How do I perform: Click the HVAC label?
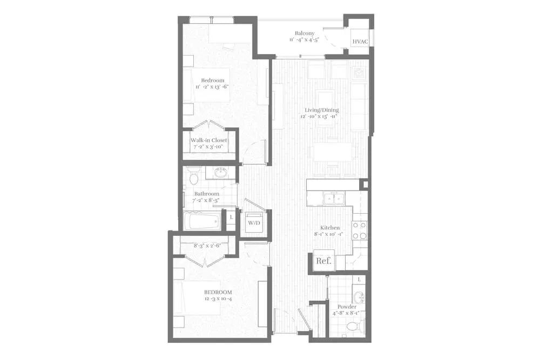click(x=360, y=42)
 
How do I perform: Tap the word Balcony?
click(x=305, y=32)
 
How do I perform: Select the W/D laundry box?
click(x=253, y=222)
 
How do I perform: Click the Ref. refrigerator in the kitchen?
click(x=324, y=261)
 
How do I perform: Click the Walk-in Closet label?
click(x=208, y=140)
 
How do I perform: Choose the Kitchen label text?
click(x=329, y=228)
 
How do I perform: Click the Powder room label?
click(x=347, y=307)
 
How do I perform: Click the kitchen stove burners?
click(x=360, y=230)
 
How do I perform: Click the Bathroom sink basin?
click(x=220, y=173)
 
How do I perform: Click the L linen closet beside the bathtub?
click(x=231, y=218)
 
